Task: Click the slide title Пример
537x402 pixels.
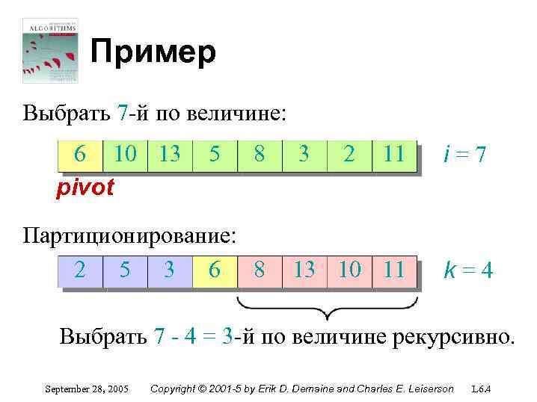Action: pyautogui.click(x=153, y=53)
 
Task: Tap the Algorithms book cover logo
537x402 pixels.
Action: pyautogui.click(x=50, y=49)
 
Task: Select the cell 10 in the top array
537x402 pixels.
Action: pyautogui.click(x=125, y=155)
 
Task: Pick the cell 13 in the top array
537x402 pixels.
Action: pyautogui.click(x=170, y=155)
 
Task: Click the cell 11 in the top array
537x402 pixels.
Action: pyautogui.click(x=393, y=155)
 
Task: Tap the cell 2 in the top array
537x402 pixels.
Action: pyautogui.click(x=349, y=155)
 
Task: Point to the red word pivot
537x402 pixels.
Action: pyautogui.click(x=85, y=188)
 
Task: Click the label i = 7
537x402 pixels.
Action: pyautogui.click(x=464, y=155)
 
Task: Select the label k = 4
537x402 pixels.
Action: pyautogui.click(x=468, y=270)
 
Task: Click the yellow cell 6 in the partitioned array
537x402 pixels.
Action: pyautogui.click(x=215, y=270)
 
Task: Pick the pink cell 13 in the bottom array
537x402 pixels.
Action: pyautogui.click(x=304, y=270)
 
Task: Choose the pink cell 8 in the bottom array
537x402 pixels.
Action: pyautogui.click(x=260, y=270)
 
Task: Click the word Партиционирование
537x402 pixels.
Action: pyautogui.click(x=129, y=236)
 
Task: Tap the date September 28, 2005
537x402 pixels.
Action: pyautogui.click(x=87, y=389)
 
